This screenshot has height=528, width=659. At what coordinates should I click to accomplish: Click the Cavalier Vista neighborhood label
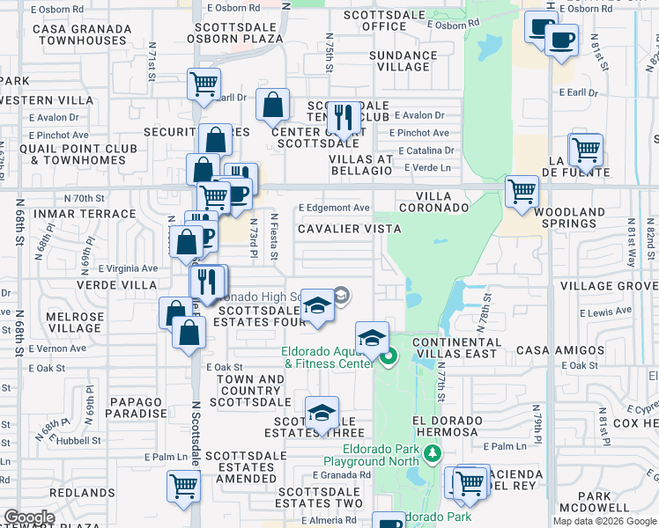pos(349,229)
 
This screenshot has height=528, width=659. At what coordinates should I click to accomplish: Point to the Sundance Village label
pos(403,61)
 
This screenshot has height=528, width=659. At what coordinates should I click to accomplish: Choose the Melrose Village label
pos(75,322)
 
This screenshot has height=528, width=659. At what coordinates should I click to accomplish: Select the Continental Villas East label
pos(456,348)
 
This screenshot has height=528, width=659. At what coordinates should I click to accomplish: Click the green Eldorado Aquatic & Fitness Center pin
pos(389,356)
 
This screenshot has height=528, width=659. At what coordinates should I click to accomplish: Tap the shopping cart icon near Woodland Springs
pos(522,189)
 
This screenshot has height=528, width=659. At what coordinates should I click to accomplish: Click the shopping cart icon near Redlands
pos(184,485)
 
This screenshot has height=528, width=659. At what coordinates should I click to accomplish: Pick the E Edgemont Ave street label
pos(334,208)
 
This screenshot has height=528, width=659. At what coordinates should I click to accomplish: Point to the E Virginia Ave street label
pos(128,268)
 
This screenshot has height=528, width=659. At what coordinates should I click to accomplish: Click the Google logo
pos(29,518)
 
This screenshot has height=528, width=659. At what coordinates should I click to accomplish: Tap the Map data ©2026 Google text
pos(604,521)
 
